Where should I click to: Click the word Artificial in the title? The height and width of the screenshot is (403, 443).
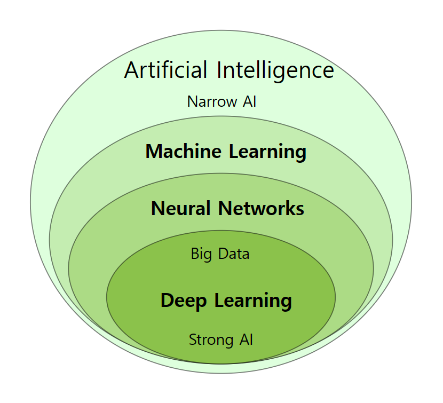click(165, 70)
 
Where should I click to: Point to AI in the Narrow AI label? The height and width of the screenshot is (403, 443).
click(248, 101)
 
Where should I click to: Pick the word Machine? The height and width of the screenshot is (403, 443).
click(184, 152)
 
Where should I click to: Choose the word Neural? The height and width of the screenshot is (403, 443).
click(180, 208)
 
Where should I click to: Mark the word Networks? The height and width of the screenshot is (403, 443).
click(263, 208)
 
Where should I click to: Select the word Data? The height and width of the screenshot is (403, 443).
click(235, 254)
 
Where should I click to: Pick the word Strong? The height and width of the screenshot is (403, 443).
click(208, 339)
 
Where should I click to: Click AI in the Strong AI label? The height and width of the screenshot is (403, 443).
click(246, 339)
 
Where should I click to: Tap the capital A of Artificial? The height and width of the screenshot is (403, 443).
click(132, 70)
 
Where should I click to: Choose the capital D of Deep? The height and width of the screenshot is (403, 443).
click(168, 301)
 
